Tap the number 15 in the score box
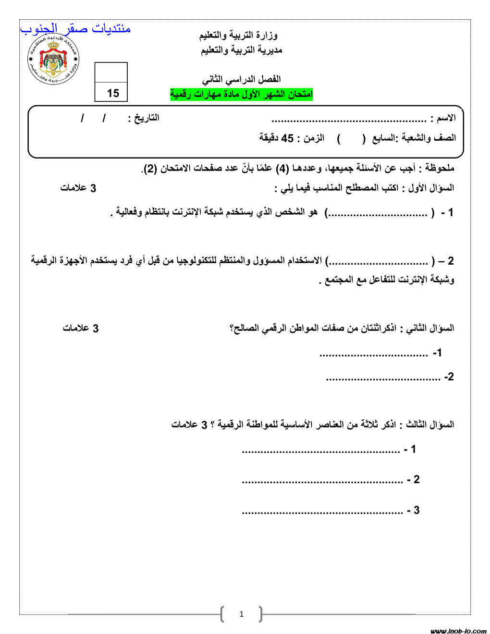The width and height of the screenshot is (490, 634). (x=113, y=93)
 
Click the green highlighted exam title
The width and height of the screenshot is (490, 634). (x=241, y=94)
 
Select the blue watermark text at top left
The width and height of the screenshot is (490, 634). (x=75, y=29)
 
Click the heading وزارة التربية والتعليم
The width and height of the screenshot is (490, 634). (x=238, y=35)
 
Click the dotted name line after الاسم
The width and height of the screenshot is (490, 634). (x=349, y=120)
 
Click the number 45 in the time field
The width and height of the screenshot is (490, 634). (x=287, y=138)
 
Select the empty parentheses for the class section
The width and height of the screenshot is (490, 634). (x=352, y=138)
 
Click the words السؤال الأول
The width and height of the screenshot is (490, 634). (x=431, y=188)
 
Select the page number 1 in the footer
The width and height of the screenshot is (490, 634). (x=242, y=614)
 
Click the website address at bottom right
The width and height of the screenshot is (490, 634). (x=458, y=631)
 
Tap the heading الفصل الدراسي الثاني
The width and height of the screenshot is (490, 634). (x=241, y=79)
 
